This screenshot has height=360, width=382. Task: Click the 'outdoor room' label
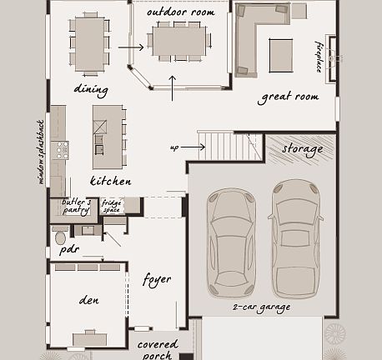tap(180, 12)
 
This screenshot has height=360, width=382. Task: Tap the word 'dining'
tap(91, 89)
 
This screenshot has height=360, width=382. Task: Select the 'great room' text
tap(289, 97)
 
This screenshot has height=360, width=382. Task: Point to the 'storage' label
tap(302, 149)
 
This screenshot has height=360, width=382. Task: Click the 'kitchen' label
tap(110, 181)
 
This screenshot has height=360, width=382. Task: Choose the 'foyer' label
tap(157, 278)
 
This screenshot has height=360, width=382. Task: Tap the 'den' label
tap(89, 299)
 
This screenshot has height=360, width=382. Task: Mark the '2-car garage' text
tap(261, 307)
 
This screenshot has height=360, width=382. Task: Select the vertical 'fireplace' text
tap(318, 54)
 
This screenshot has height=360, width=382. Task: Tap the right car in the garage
tap(295, 237)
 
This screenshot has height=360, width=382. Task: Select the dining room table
tap(90, 43)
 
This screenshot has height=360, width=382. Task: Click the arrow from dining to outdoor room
tap(130, 47)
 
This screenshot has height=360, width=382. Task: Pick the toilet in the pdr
tap(60, 237)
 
